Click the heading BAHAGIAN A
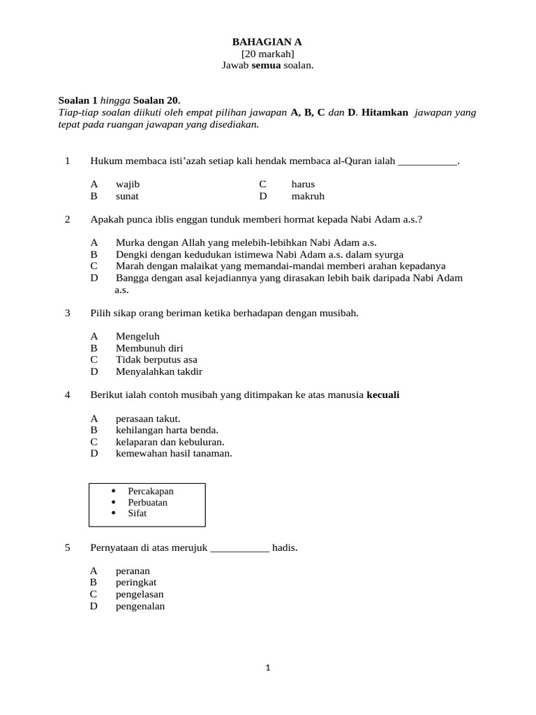[x=267, y=43]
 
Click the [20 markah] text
[x=267, y=54]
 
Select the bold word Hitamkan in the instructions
[x=385, y=112]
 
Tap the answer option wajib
[x=128, y=184]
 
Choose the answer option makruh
[x=308, y=196]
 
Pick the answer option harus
[x=303, y=184]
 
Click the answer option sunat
[x=127, y=196]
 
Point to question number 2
[x=68, y=219]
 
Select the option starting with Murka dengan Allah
[x=246, y=242]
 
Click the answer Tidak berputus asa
[x=156, y=360]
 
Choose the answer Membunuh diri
[x=149, y=348]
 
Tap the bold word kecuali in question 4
[x=383, y=395]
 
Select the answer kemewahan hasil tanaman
[x=174, y=453]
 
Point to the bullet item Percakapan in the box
[x=151, y=491]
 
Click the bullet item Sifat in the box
[x=137, y=513]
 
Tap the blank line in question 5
[x=239, y=548]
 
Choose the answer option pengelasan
[x=140, y=594]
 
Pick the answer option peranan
[x=133, y=571]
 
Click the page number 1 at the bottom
[x=267, y=668]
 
